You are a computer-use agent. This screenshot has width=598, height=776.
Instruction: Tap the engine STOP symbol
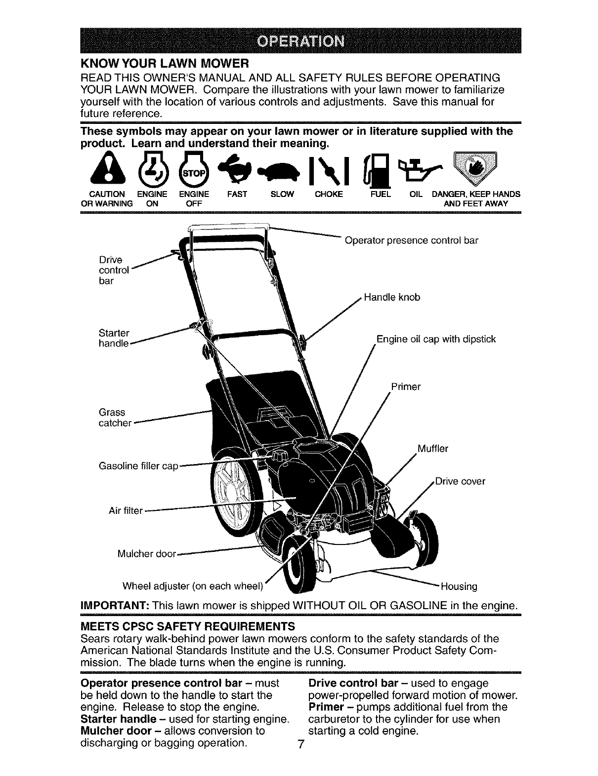pyautogui.click(x=190, y=171)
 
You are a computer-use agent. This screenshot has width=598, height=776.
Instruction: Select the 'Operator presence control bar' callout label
pyautogui.click(x=411, y=241)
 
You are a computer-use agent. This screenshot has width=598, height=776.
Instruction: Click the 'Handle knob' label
pyautogui.click(x=392, y=298)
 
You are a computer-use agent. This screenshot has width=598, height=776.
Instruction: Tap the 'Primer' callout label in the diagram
pyautogui.click(x=406, y=387)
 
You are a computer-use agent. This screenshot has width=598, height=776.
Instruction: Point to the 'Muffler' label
pyautogui.click(x=433, y=449)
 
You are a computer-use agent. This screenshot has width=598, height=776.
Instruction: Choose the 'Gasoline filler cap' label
pyautogui.click(x=138, y=466)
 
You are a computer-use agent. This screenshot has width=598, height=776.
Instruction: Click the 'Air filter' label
pyautogui.click(x=126, y=510)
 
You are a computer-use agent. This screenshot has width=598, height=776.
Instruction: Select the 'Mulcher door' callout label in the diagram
pyautogui.click(x=146, y=553)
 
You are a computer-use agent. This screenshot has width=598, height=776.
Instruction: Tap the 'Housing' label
pyautogui.click(x=459, y=586)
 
